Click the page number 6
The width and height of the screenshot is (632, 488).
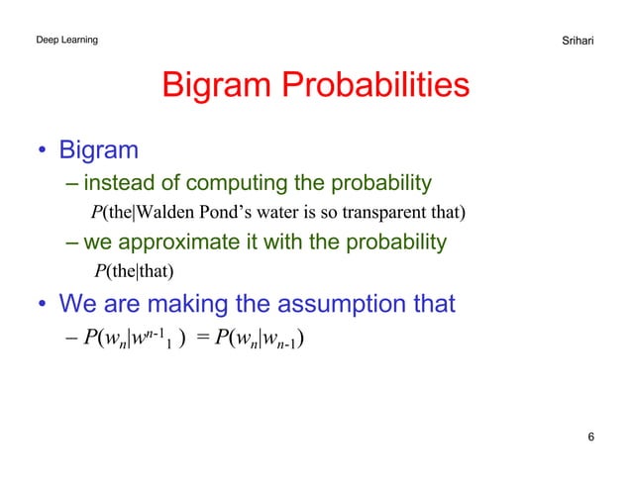[x=590, y=438]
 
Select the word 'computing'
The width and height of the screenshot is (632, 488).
[x=236, y=182]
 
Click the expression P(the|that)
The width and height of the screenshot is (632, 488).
[x=134, y=272]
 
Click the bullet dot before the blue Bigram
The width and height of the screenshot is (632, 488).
[x=44, y=151]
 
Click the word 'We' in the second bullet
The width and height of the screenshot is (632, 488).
[x=78, y=304]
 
